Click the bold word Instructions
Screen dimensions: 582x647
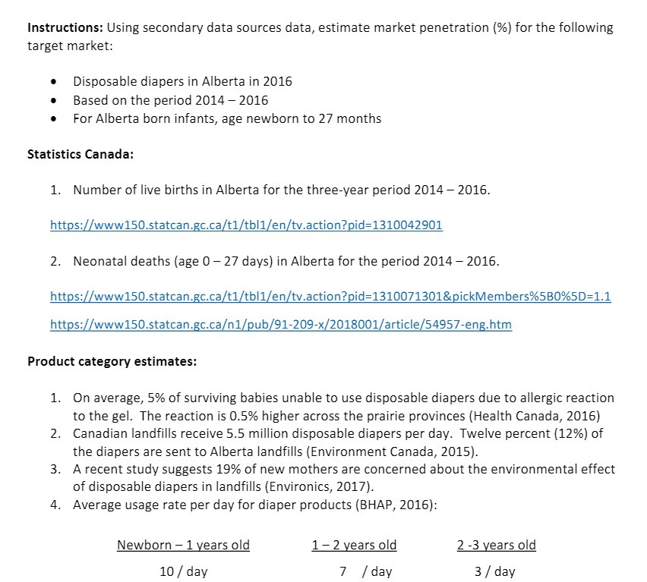pyautogui.click(x=65, y=28)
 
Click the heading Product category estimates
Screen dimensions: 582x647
pyautogui.click(x=112, y=361)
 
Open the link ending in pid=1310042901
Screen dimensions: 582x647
pyautogui.click(x=246, y=225)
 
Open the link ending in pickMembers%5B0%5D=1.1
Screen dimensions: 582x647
pyautogui.click(x=330, y=296)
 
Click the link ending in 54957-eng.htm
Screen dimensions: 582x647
pyautogui.click(x=280, y=325)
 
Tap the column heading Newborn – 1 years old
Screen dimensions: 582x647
pyautogui.click(x=183, y=545)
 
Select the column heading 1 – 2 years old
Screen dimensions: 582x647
pyautogui.click(x=354, y=545)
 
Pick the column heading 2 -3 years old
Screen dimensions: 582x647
pyautogui.click(x=496, y=545)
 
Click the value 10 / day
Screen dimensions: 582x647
pyautogui.click(x=183, y=571)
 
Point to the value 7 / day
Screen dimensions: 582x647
pyautogui.click(x=365, y=571)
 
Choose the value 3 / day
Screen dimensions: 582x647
pyautogui.click(x=494, y=571)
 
